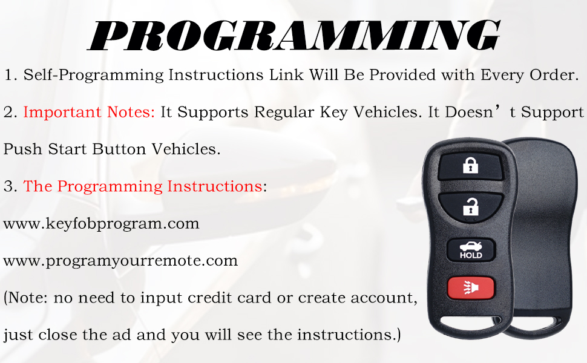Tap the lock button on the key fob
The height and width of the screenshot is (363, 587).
[x=470, y=166]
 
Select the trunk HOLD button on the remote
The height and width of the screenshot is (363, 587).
[x=471, y=250]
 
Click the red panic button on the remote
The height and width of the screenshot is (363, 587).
[x=471, y=288]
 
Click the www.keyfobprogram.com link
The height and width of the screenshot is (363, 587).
[x=101, y=223]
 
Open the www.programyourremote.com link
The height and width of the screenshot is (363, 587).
[x=120, y=261]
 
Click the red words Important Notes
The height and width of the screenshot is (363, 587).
[x=89, y=112]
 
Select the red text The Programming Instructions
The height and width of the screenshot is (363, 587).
[x=143, y=186]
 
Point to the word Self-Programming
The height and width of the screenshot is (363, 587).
[x=94, y=75]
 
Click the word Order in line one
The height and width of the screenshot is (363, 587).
[x=552, y=75]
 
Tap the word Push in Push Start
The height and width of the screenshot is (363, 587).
[x=22, y=149]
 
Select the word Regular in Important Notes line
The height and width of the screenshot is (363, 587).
[x=284, y=113]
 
